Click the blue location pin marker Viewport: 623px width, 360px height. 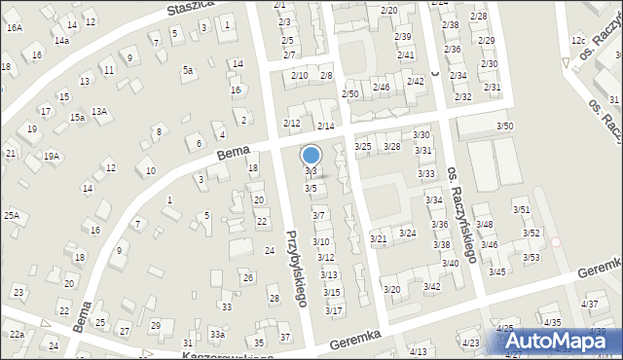(x=311, y=155)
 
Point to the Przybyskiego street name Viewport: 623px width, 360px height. (x=298, y=268)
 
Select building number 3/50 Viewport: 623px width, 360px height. (x=505, y=126)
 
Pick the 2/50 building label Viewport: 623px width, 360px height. (x=350, y=93)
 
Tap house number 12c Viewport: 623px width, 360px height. (x=578, y=41)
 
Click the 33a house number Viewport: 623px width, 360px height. (x=218, y=335)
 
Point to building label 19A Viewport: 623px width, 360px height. (x=52, y=156)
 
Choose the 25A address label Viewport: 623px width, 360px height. (x=12, y=215)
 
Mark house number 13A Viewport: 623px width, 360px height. (x=99, y=112)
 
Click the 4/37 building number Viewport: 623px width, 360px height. (x=590, y=305)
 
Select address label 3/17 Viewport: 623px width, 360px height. (x=334, y=310)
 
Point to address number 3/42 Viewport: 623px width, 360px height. (x=431, y=286)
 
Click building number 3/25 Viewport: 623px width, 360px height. (x=363, y=147)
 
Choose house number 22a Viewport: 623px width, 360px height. (x=17, y=334)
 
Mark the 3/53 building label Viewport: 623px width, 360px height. (x=531, y=257)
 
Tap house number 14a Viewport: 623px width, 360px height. (x=61, y=41)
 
